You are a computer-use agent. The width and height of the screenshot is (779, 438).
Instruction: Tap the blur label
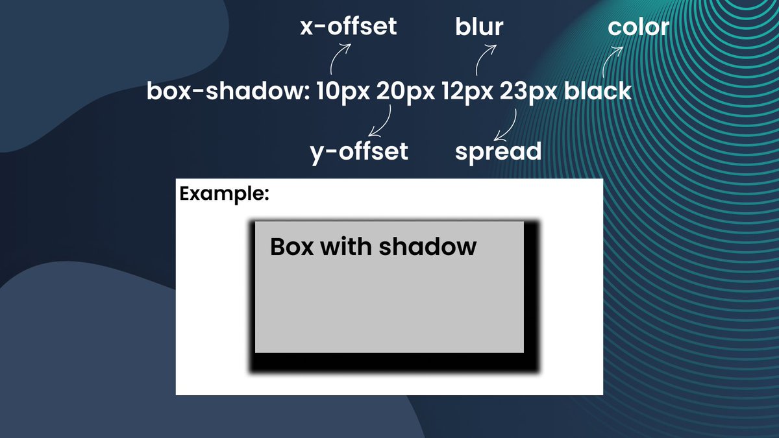coord(479,27)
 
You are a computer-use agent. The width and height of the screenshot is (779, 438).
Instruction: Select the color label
coord(638,27)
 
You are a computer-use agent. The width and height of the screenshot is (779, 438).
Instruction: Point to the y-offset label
coord(359,151)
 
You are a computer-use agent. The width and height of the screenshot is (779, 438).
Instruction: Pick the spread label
coord(498,151)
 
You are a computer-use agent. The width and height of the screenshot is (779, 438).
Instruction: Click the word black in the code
coord(597,91)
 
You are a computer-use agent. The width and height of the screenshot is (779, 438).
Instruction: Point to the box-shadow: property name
coord(229,91)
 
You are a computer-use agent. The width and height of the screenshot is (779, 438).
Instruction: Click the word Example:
coord(224,193)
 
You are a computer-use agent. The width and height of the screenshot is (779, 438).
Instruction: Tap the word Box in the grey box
coord(290,247)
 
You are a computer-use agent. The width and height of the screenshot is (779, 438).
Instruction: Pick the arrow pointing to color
coord(611,62)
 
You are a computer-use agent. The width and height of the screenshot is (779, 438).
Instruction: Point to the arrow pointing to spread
coord(507,125)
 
